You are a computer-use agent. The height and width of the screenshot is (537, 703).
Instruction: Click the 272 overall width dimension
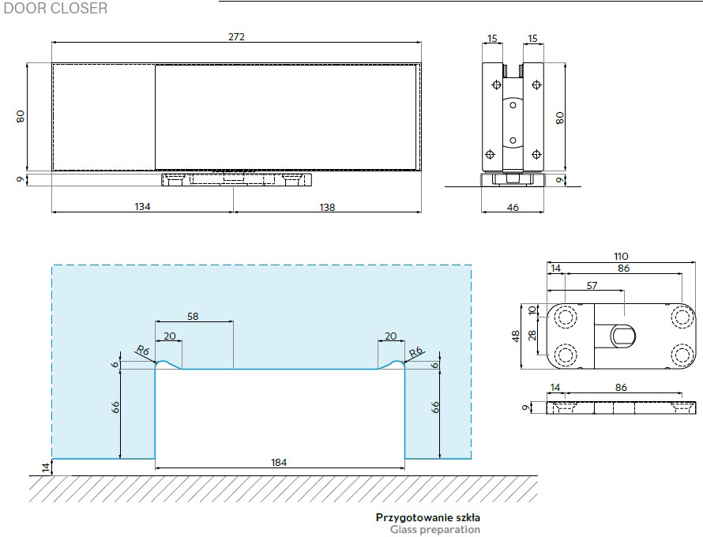tap(236, 36)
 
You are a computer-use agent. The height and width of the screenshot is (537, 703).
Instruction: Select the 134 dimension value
tap(142, 207)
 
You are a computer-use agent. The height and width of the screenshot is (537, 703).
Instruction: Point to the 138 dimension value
tap(327, 207)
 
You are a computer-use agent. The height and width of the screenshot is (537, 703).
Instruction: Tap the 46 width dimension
tap(513, 207)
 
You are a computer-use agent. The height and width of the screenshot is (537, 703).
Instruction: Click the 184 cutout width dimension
tap(278, 462)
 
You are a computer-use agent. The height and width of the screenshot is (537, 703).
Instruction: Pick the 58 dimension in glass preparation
tap(193, 317)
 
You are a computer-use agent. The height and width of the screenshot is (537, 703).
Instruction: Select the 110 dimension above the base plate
tap(621, 256)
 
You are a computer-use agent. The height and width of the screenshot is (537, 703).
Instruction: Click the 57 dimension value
tap(592, 285)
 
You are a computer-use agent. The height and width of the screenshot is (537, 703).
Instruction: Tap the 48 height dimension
tap(516, 336)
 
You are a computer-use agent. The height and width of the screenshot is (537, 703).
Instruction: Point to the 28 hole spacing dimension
tap(532, 336)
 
